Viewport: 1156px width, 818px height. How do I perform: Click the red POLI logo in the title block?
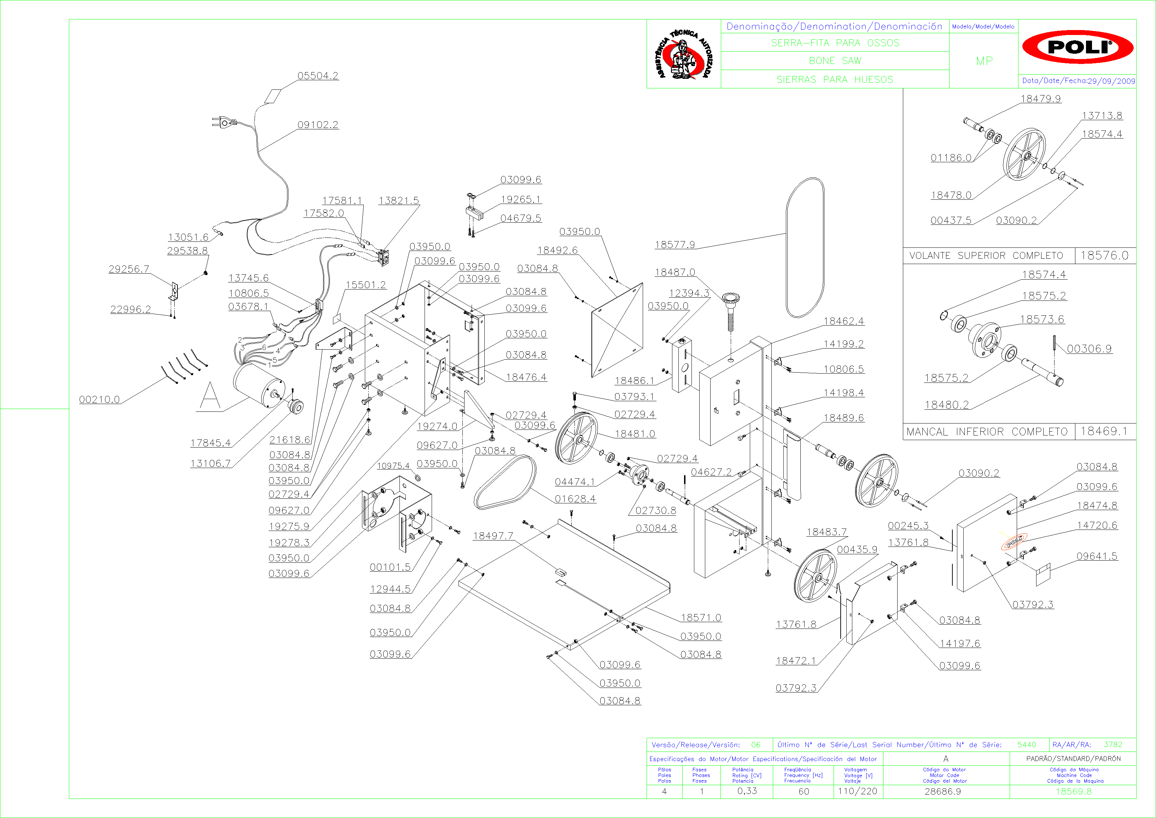[x=1078, y=47]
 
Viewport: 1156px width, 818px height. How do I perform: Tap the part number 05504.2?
[x=318, y=76]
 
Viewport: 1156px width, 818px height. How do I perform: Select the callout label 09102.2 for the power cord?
[x=318, y=124]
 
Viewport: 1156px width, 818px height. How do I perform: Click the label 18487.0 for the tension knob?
[x=675, y=272]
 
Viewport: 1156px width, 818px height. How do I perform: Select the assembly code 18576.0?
[x=1104, y=255]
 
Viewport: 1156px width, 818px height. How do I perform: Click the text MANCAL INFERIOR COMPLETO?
[x=987, y=432]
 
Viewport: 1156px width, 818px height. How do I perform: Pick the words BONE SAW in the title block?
[x=835, y=61]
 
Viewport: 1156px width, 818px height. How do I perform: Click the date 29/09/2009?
[x=1111, y=81]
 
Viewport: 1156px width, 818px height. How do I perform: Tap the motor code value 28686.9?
[x=942, y=791]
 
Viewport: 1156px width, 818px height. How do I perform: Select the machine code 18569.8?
[x=1073, y=791]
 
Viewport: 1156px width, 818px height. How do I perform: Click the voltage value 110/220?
[x=857, y=791]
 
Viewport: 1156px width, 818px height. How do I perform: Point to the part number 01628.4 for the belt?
[x=575, y=499]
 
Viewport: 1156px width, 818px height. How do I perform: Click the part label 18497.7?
[x=493, y=536]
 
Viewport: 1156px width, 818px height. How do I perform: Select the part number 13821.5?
[x=399, y=200]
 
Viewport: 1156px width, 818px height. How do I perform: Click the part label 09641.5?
[x=1097, y=556]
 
